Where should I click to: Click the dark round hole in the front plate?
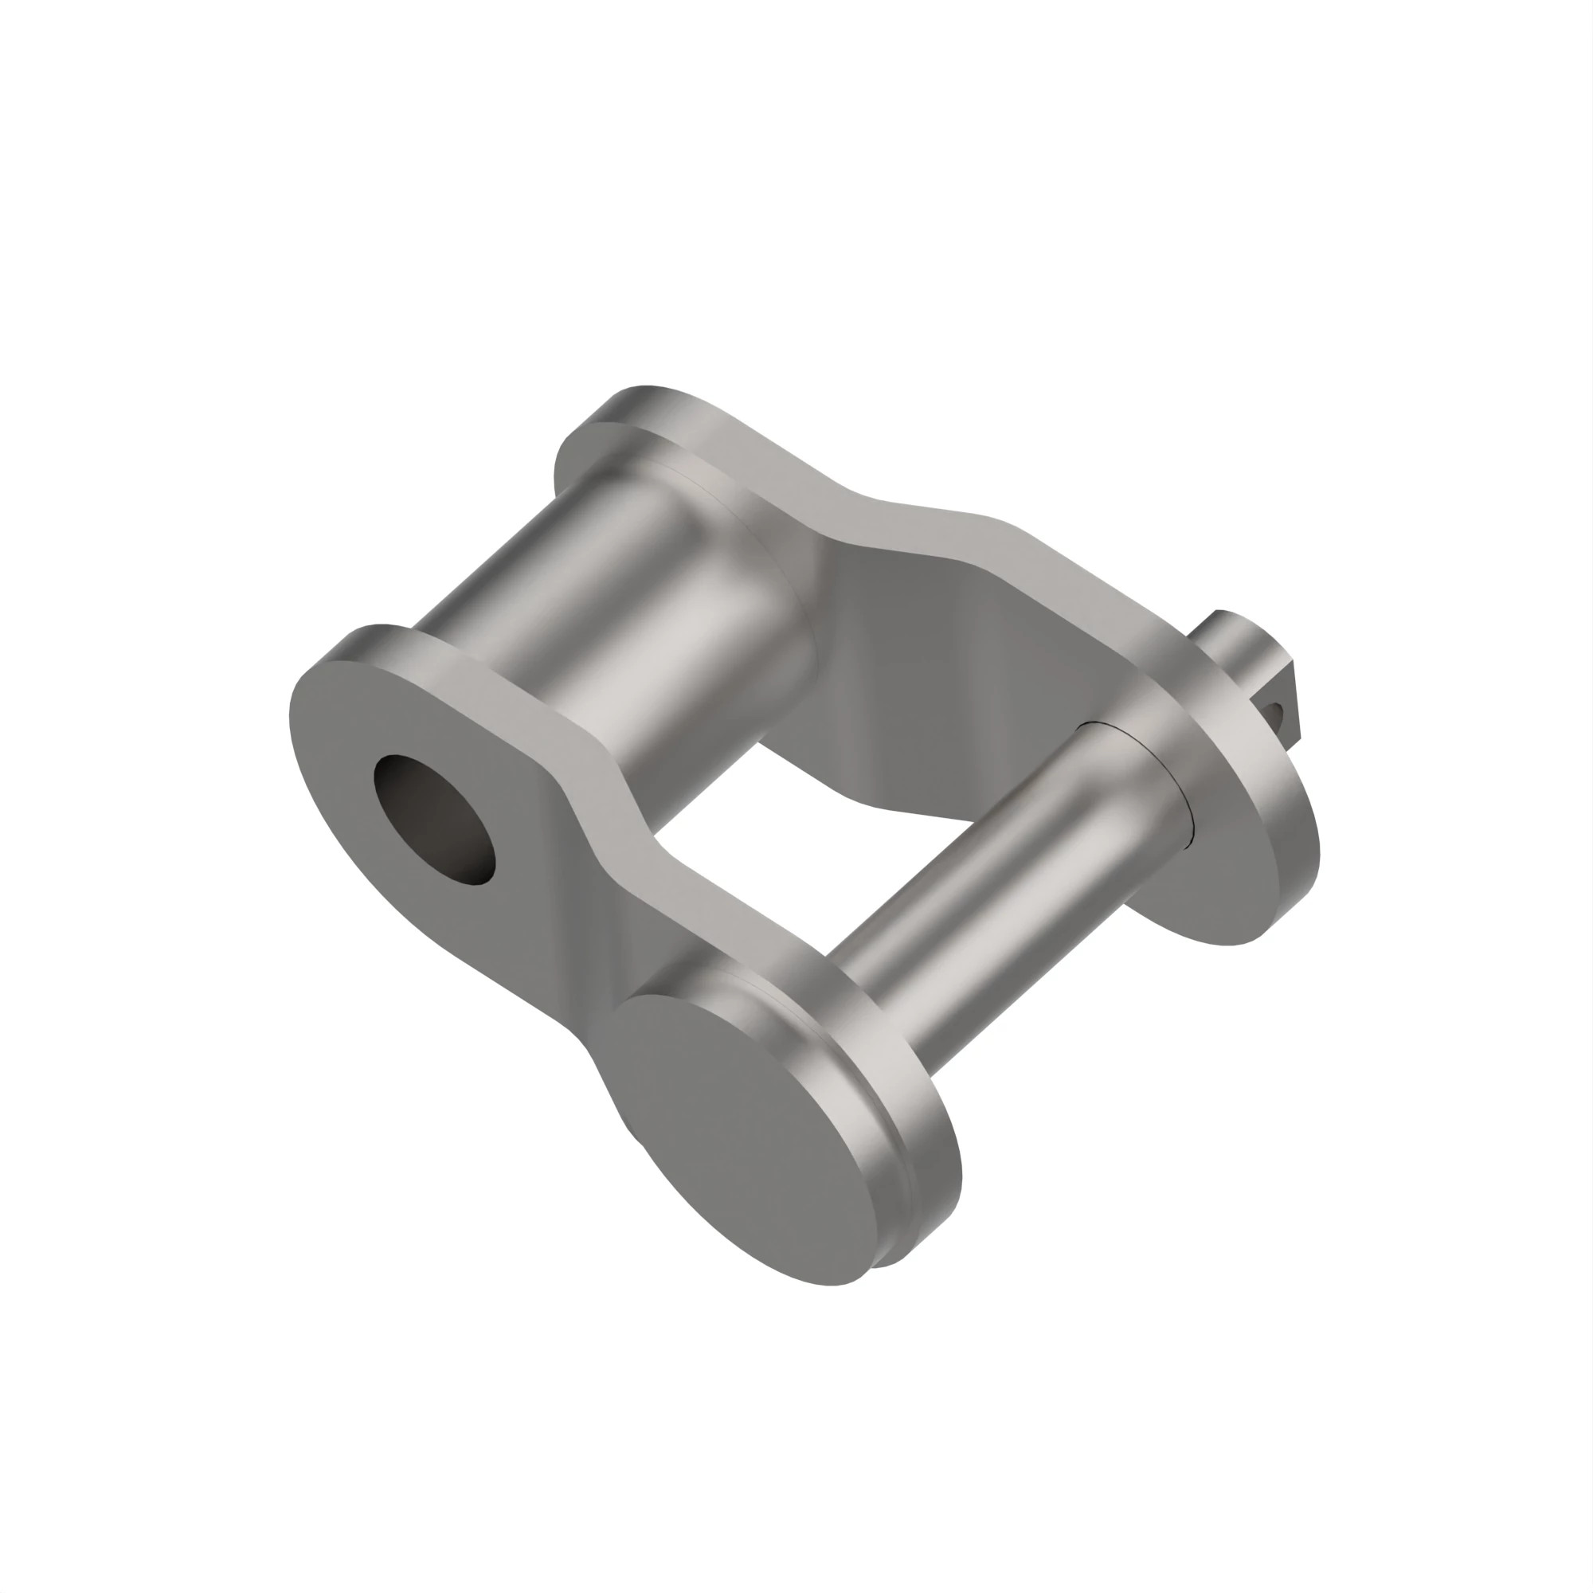pos(435,819)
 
